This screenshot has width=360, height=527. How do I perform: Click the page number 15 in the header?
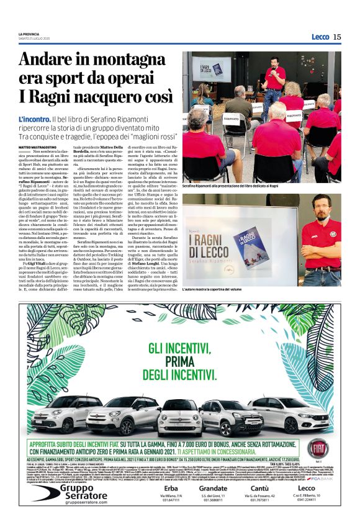pos(336,37)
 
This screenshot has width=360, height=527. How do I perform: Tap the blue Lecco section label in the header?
pos(320,37)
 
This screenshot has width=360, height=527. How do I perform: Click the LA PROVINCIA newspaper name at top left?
pos(32,34)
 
